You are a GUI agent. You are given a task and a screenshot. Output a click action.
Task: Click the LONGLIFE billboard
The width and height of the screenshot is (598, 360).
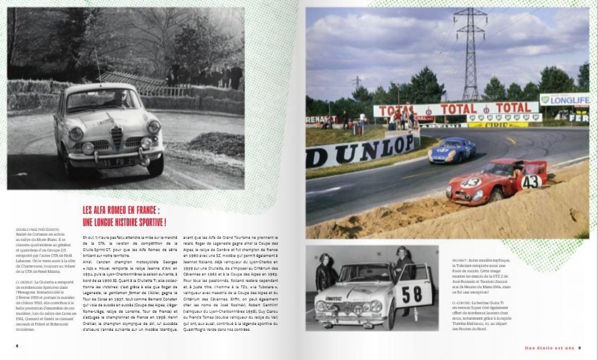coord(564,99)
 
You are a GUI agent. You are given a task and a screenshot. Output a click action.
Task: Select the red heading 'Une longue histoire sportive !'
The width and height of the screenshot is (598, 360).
coord(124,222)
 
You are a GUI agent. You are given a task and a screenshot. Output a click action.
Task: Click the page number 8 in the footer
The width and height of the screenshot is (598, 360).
coord(17,345)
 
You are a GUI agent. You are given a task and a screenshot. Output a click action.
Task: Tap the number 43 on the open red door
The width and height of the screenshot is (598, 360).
coord(531,181)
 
